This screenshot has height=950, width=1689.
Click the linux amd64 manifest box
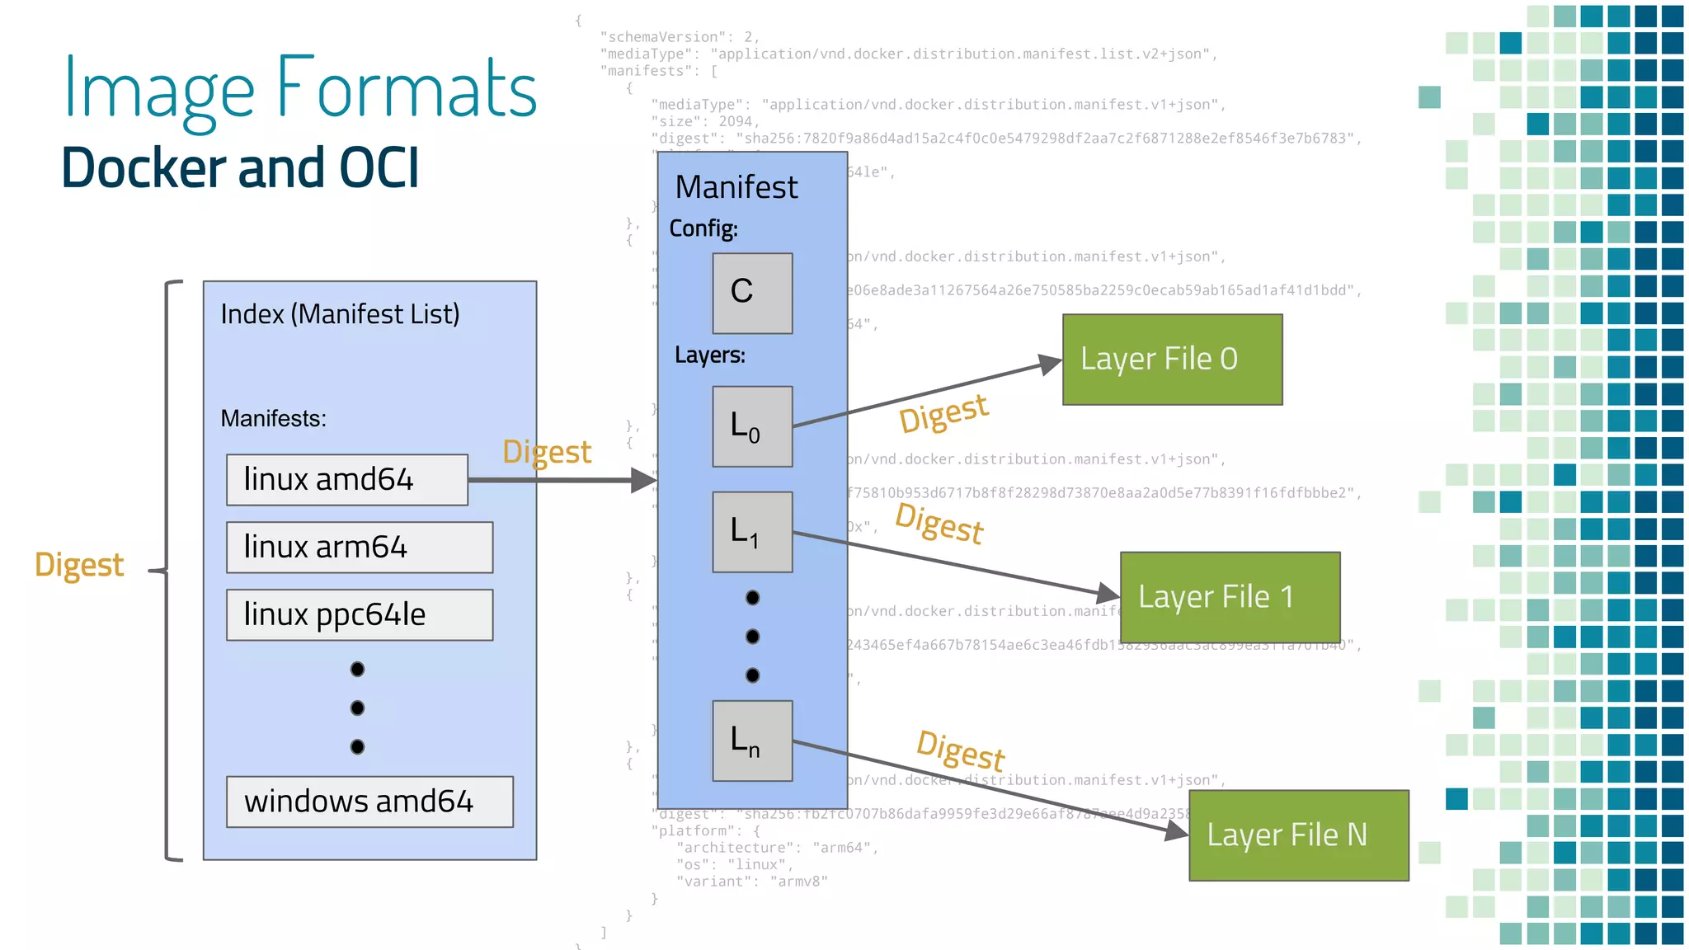point(346,479)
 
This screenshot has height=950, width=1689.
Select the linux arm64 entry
point(360,547)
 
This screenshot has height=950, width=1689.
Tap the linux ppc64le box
point(360,614)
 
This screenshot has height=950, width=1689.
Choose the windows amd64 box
point(369,801)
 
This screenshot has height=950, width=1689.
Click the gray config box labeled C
point(752,293)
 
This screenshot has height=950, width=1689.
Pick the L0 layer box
point(752,426)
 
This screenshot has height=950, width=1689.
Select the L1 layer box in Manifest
point(752,532)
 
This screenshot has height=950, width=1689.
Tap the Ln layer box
point(752,741)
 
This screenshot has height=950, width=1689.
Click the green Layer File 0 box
point(1172,359)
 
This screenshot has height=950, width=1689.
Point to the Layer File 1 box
point(1230,596)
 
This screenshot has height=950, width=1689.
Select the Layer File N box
point(1298,835)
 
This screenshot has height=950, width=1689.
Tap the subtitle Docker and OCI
point(240,167)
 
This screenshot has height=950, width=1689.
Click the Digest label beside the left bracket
point(79,565)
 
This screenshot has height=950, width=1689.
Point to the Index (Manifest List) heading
point(340,314)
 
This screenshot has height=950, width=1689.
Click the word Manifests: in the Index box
point(273,418)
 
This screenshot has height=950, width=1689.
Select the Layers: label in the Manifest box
point(709,355)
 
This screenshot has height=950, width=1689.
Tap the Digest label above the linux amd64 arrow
point(547,452)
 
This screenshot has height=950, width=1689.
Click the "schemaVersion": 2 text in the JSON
point(678,37)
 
